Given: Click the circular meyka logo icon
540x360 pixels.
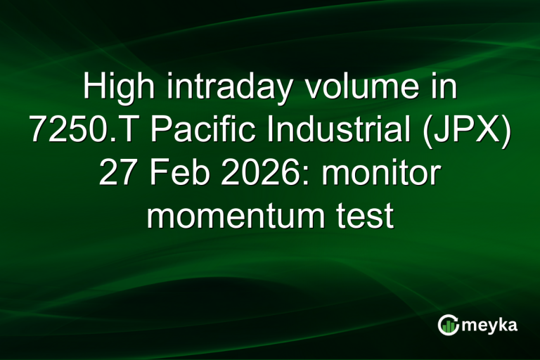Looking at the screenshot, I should pos(447,325).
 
